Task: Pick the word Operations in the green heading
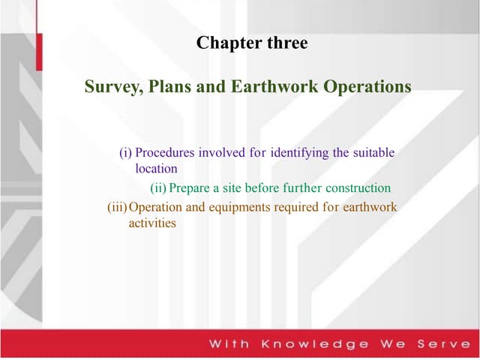367,87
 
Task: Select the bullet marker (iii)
118,206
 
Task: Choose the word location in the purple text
156,169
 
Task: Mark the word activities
152,223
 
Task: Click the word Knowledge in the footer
315,344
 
